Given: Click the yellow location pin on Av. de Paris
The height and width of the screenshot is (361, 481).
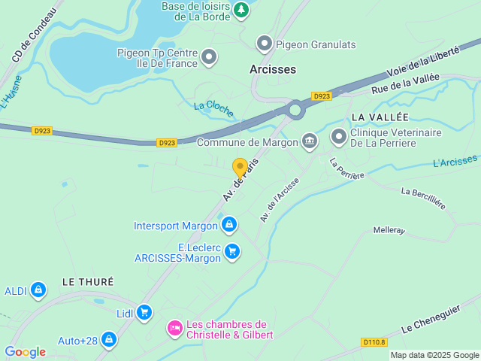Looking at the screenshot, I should (x=240, y=168).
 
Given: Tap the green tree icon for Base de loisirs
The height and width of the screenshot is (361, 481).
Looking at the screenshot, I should (x=240, y=10).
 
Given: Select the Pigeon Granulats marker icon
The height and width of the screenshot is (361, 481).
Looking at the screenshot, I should (x=264, y=44).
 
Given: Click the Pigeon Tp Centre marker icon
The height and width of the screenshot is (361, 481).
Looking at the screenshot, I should (x=209, y=56).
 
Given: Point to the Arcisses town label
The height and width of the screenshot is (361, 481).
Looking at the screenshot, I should (x=273, y=69).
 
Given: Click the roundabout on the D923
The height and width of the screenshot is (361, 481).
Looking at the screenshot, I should (x=295, y=111).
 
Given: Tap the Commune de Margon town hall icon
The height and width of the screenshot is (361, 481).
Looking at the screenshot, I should (x=310, y=141).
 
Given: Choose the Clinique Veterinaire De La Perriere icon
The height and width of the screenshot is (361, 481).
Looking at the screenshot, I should (x=339, y=137).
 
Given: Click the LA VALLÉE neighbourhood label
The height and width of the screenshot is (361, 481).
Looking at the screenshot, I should (x=380, y=117).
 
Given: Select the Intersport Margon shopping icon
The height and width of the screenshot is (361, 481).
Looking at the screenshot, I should (x=229, y=225).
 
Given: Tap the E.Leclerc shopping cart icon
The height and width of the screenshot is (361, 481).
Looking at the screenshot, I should (x=232, y=251).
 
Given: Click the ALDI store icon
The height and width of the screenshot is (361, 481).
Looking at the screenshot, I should (x=38, y=290).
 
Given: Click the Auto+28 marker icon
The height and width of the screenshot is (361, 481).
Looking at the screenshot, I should (x=110, y=340).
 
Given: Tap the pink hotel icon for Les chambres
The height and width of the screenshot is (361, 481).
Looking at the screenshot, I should (x=174, y=329).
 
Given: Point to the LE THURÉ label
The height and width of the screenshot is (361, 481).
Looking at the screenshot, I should (x=87, y=281).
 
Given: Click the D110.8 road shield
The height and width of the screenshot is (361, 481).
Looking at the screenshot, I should (x=374, y=343).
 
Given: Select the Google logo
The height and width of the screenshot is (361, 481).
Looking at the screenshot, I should (x=25, y=352).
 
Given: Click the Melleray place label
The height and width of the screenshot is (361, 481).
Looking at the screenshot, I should (x=389, y=230).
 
